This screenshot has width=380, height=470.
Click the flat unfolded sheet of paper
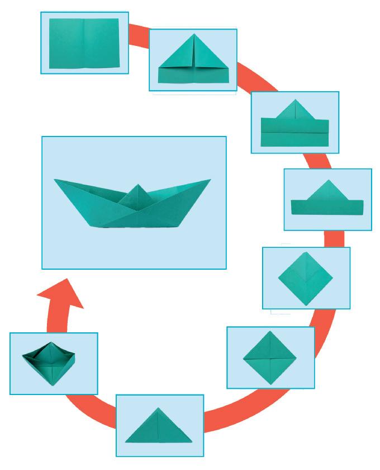click(x=84, y=43)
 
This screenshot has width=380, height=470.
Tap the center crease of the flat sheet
click(x=83, y=43)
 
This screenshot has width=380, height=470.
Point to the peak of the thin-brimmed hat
click(x=327, y=181)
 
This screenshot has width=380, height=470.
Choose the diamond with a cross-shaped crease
click(x=270, y=358)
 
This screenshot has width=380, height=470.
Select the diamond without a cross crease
click(x=306, y=278)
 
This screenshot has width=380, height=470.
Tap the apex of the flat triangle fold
click(x=159, y=409)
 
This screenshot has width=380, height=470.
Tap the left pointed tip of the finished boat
click(x=55, y=180)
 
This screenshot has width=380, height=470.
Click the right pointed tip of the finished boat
click(x=210, y=180)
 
